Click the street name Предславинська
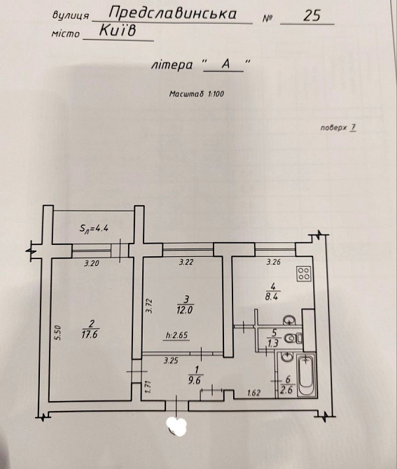coord(173,13)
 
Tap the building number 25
coord(312,15)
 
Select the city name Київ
coord(117,30)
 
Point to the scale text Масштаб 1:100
coord(197,94)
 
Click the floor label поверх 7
coord(338,128)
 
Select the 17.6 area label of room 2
coord(90,335)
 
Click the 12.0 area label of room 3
coord(184,310)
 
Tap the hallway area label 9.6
coord(196,381)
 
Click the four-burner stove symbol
coord(304,274)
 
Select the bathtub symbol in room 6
coord(305,375)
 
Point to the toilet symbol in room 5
coord(293,339)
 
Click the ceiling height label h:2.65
coord(177,335)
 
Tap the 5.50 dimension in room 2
coord(58,333)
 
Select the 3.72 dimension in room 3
coord(150,306)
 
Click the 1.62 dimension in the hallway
coord(254,393)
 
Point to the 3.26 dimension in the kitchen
coord(274,262)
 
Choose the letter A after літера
coord(225,64)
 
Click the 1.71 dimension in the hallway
coord(146,386)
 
